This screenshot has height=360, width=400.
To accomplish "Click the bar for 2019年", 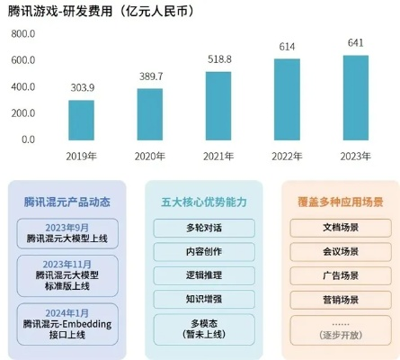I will [x=81, y=120].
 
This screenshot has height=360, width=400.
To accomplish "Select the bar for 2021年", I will [x=218, y=105].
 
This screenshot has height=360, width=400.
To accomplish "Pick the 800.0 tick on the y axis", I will [x=23, y=33].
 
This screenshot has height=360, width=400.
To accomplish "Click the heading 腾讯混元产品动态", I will [x=67, y=201].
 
